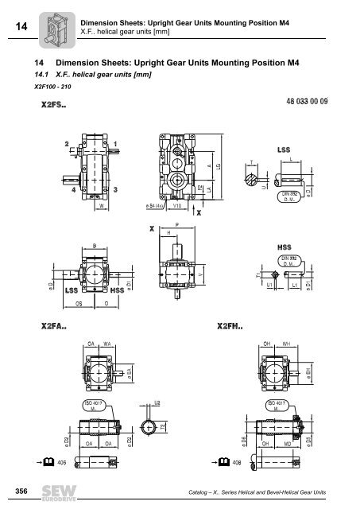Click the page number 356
coord(17,492)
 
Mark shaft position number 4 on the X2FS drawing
coord(74,190)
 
